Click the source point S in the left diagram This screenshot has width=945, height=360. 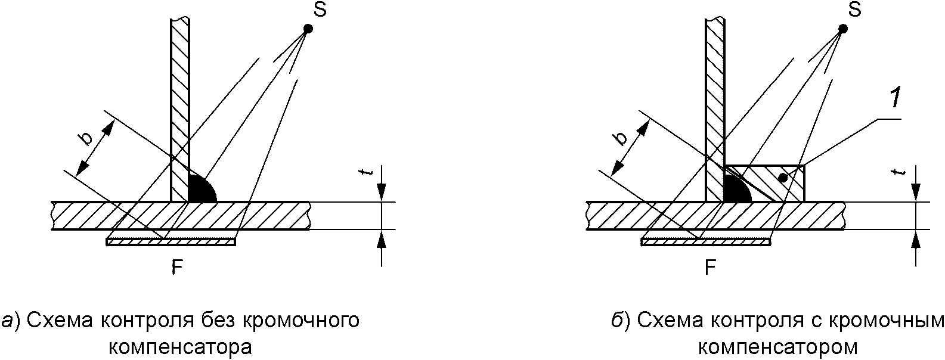coord(308,28)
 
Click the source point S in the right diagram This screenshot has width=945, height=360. coord(842,28)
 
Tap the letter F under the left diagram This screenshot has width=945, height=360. coord(176,268)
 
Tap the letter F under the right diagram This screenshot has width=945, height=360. coord(710,268)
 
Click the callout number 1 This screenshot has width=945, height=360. coord(894,99)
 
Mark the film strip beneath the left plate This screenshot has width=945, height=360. coord(171,242)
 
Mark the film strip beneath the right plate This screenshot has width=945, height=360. coord(705,242)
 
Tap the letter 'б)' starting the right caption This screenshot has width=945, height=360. coord(621,321)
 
